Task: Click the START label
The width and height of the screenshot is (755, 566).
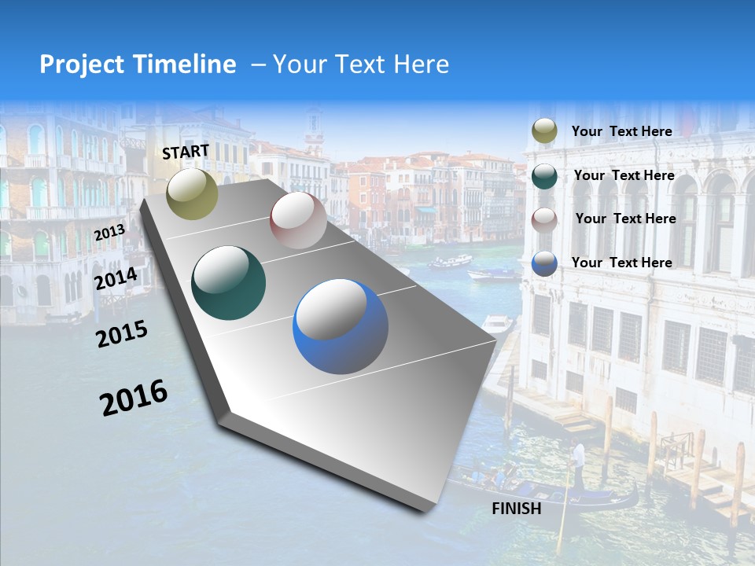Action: pyautogui.click(x=186, y=152)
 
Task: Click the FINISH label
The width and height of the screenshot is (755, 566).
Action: pyautogui.click(x=517, y=509)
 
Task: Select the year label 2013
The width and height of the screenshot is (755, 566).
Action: pyautogui.click(x=109, y=233)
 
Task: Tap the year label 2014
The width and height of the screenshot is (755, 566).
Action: pyautogui.click(x=116, y=279)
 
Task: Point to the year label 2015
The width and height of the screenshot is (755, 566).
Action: pyautogui.click(x=122, y=334)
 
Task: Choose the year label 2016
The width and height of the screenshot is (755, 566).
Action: pyautogui.click(x=134, y=398)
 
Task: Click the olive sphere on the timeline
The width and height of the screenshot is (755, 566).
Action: pyautogui.click(x=193, y=193)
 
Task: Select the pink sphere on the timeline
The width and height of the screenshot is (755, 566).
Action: pyautogui.click(x=298, y=220)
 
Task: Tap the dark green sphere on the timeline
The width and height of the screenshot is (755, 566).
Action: pyautogui.click(x=229, y=283)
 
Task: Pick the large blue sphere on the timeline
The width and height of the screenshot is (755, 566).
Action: pyautogui.click(x=341, y=326)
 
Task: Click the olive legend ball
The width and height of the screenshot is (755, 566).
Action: pyautogui.click(x=544, y=131)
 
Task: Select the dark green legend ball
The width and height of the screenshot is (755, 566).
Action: pyautogui.click(x=544, y=176)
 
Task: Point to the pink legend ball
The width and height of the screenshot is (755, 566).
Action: pyautogui.click(x=544, y=219)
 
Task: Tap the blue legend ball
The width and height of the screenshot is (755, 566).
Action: pyautogui.click(x=544, y=263)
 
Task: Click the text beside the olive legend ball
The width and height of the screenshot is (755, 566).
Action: pyautogui.click(x=621, y=131)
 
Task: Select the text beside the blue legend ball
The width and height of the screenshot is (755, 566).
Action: pyautogui.click(x=621, y=263)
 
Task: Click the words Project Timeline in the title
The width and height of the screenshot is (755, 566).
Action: pyautogui.click(x=138, y=64)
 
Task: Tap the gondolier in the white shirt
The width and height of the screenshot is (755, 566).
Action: pyautogui.click(x=578, y=456)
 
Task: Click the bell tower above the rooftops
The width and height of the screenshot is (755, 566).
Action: pyautogui.click(x=315, y=130)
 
